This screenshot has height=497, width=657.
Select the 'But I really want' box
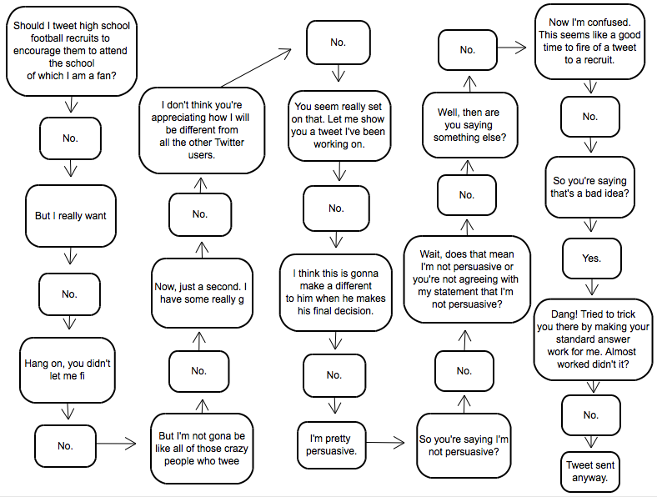[71, 216]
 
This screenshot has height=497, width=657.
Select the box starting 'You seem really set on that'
[339, 125]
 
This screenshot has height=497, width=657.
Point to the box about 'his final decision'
[336, 292]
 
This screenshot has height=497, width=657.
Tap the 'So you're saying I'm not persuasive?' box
[464, 445]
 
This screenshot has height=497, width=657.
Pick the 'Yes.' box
[591, 259]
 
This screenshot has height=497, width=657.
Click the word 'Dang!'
[554, 315]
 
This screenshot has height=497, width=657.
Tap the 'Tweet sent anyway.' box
[591, 471]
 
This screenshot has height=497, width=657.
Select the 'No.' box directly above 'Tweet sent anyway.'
[591, 414]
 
